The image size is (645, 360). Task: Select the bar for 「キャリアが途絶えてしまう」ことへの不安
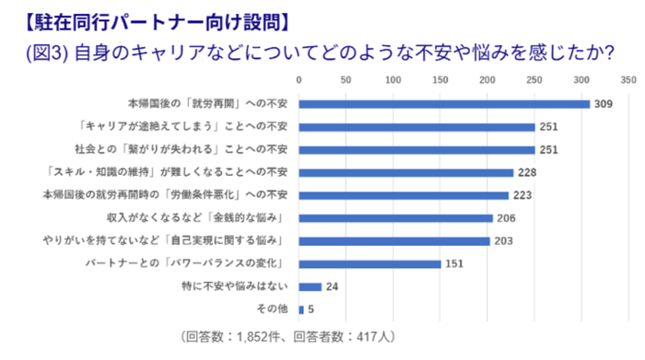point(416,126)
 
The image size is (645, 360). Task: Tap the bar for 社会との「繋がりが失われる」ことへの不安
point(416,149)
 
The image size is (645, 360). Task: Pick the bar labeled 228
point(405,172)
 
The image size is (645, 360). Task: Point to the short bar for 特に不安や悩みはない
point(310,286)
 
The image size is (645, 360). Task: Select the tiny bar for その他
point(300,309)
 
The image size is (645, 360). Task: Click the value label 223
point(522,195)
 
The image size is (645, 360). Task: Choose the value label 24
point(332,287)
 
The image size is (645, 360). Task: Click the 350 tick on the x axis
point(628,80)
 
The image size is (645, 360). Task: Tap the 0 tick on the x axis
point(299,80)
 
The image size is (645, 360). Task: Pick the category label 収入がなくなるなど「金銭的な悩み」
point(216,218)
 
